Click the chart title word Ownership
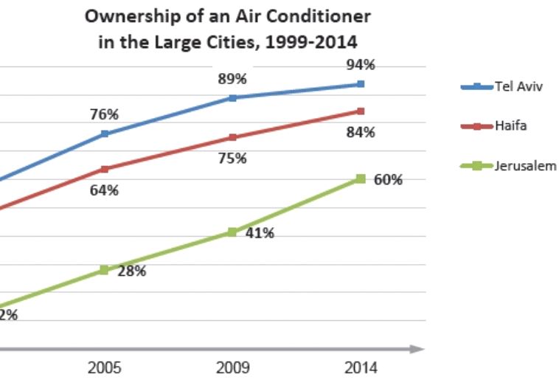coord(123,15)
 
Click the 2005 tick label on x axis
coord(105,367)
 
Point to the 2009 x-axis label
coord(232,367)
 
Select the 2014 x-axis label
coord(360,367)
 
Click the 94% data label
coord(361,65)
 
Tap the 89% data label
coord(232,79)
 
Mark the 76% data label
coord(105,114)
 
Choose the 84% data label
coord(361,133)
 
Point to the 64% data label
coord(105,190)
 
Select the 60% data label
coord(388,179)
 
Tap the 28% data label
coord(132,271)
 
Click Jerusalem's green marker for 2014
coord(361,179)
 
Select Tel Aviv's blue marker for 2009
coord(232,97)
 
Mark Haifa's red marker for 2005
coord(105,169)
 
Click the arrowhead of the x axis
coord(420,348)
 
